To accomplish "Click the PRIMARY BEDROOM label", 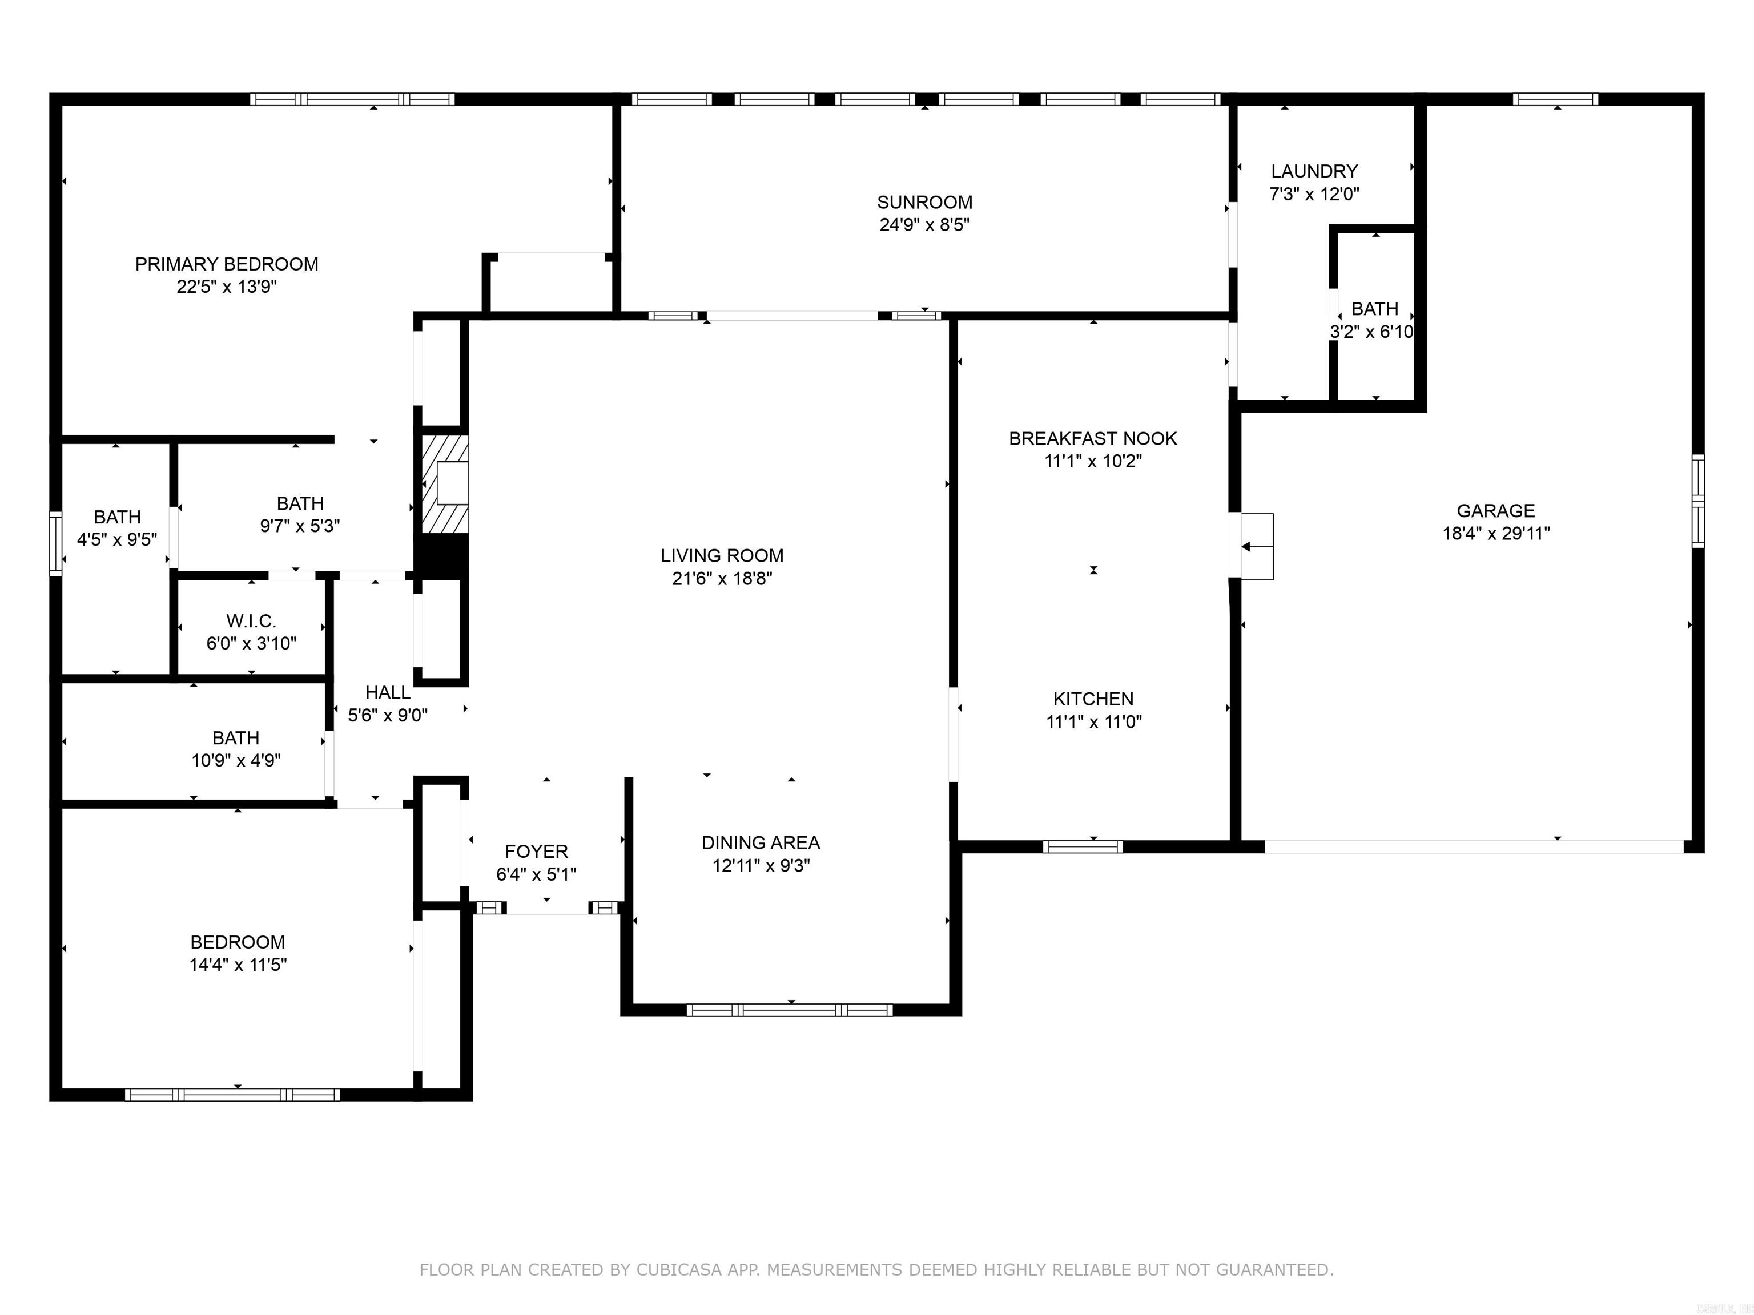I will coord(226,264).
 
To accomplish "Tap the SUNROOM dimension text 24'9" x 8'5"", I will coord(924,224).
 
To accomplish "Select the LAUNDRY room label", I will coord(1314,171).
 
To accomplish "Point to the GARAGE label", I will coord(1495,510).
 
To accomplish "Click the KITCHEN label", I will coord(1093,699).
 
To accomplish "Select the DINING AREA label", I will coord(761,842).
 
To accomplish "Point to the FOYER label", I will coord(536,852).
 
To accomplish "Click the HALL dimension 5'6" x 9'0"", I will coord(388,715).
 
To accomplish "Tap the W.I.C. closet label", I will coord(251,620).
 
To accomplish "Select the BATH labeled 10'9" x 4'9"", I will coord(235,738).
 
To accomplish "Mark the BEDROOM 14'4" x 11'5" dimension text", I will coord(238,965).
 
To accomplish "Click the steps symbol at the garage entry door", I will coord(1257,546).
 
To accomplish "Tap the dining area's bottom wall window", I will coord(789,1010).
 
